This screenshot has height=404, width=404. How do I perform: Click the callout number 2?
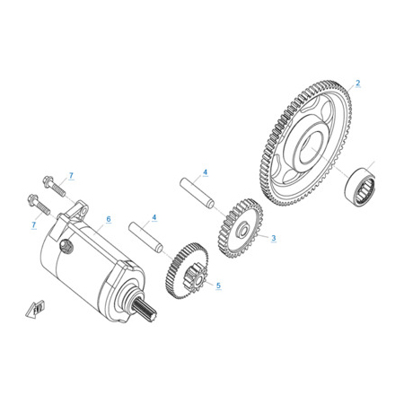(358, 83)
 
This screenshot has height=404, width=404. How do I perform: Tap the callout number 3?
(274, 238)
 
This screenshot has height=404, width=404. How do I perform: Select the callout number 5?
(218, 285)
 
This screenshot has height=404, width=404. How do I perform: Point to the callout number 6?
(109, 219)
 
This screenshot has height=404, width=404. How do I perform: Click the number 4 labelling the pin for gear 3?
(205, 172)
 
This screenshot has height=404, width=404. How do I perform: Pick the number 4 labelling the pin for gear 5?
(154, 217)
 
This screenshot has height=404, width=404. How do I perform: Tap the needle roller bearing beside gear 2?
(360, 187)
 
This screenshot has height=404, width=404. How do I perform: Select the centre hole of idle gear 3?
(242, 231)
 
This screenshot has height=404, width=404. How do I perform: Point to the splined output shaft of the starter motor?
(145, 311)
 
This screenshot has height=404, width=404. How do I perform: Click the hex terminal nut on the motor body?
(66, 246)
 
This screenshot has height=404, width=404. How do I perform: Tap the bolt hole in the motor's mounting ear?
(83, 211)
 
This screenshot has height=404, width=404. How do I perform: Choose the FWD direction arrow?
(35, 309)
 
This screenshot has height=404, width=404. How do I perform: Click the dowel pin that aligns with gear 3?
(198, 193)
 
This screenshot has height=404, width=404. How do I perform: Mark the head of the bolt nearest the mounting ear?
(48, 181)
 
